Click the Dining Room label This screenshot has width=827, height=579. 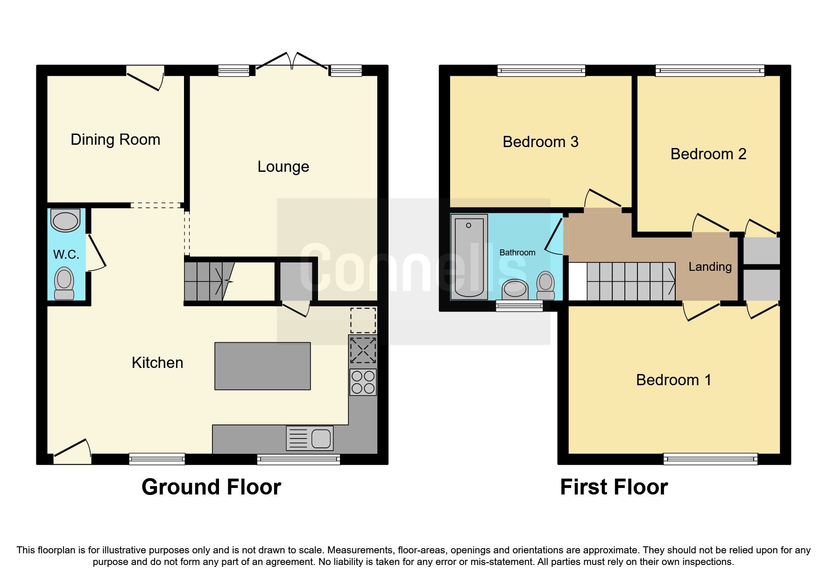click(115, 140)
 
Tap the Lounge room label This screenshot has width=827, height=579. click(283, 167)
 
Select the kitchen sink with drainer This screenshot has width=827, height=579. click(310, 438)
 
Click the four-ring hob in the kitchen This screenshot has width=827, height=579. click(363, 382)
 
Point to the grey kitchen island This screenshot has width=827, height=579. click(262, 366)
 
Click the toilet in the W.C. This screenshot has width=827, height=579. click(64, 283)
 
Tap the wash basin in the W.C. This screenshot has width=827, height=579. click(65, 220)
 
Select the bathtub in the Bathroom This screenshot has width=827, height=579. click(469, 256)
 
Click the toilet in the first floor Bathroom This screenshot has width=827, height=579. click(545, 285)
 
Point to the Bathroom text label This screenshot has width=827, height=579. click(517, 253)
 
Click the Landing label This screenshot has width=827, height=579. click(710, 267)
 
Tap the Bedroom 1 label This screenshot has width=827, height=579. click(673, 380)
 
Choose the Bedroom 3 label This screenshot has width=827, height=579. click(540, 142)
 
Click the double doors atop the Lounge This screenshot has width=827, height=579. click(292, 62)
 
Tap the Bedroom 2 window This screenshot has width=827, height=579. click(710, 71)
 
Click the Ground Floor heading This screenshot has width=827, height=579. click(211, 487)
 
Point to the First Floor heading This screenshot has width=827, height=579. click(614, 487)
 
